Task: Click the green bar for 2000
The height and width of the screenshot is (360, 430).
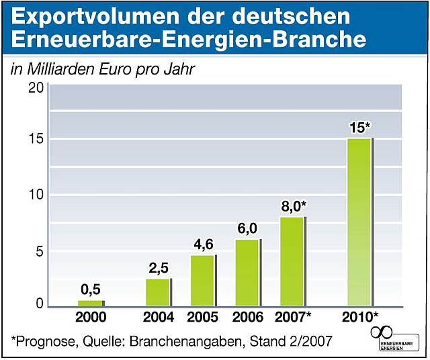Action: click(x=90, y=304)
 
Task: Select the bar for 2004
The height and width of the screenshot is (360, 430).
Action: click(x=158, y=292)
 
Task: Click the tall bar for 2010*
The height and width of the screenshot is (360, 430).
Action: click(x=359, y=222)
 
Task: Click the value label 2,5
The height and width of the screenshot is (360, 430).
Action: click(x=159, y=268)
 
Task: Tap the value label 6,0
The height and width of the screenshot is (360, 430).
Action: click(x=247, y=229)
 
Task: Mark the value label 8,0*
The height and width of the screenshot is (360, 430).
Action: click(x=294, y=206)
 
